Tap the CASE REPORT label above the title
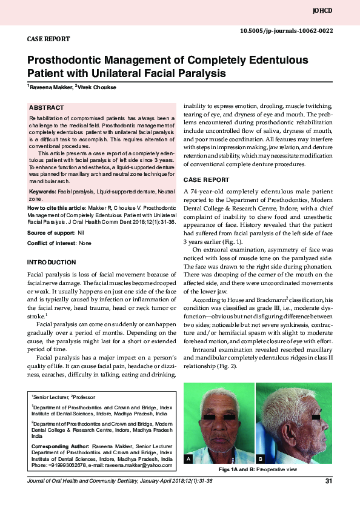coord(48,39)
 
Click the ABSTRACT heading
coord(47,107)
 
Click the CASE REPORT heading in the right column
coord(206,180)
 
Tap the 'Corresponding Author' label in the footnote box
coord(60,446)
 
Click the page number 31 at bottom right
coord(329,481)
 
